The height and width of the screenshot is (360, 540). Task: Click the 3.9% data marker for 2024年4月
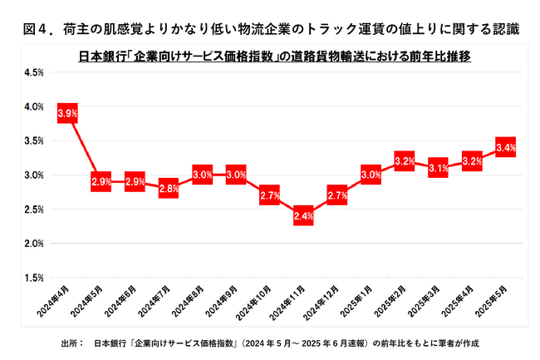tap(67, 113)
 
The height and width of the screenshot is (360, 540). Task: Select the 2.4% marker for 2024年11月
tap(303, 216)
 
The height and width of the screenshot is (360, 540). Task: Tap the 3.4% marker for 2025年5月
tap(505, 148)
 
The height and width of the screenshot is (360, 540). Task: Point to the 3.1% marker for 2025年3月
tap(438, 168)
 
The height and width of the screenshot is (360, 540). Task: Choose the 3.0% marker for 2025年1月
tap(371, 175)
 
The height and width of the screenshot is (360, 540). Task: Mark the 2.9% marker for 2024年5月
tap(101, 181)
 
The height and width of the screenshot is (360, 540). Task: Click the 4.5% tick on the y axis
tap(34, 72)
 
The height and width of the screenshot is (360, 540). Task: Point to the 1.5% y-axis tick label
tap(34, 277)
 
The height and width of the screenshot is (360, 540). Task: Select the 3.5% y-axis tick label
tap(34, 141)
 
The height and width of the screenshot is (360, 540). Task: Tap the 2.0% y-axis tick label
tap(34, 243)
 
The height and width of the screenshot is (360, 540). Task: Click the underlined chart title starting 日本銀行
tap(270, 56)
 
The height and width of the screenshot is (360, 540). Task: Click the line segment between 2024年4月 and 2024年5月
tap(84, 147)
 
